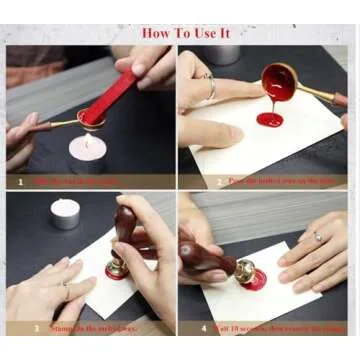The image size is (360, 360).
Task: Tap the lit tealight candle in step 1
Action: pos(86,150)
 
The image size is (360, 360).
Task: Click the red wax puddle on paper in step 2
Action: pos(271,121)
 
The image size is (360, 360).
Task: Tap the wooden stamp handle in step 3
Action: pos(128,229)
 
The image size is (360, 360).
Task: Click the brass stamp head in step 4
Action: pos(243,270)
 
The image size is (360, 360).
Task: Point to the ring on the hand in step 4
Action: pos(317,237)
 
